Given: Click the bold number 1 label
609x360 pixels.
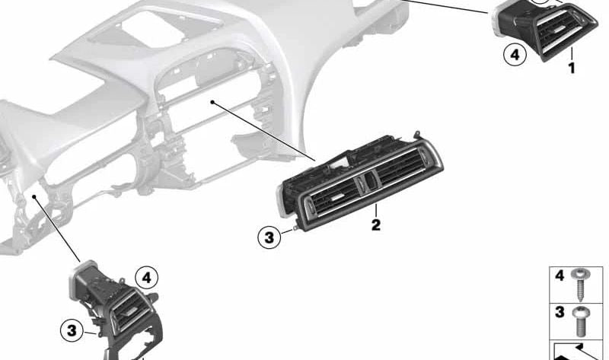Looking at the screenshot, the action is (572, 68).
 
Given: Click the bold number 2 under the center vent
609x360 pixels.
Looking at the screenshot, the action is (375, 225).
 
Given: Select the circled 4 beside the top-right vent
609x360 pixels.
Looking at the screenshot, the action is (515, 55).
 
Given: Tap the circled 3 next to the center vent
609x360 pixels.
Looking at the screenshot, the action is (269, 237).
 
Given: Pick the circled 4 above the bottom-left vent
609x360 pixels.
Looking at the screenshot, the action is (146, 278).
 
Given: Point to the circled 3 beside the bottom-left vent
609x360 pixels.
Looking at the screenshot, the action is (72, 331).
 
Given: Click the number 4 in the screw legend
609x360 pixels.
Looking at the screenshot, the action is (560, 276).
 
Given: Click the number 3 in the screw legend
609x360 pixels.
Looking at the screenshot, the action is (560, 312).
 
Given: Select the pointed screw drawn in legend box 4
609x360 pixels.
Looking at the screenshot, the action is (581, 285).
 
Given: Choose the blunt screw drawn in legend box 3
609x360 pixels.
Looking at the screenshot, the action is (581, 321).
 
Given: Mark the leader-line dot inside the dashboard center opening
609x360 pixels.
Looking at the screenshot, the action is (212, 102).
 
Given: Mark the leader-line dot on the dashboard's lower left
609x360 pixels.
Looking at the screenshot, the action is (34, 197).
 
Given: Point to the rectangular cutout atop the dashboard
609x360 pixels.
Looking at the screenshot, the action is (153, 29).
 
